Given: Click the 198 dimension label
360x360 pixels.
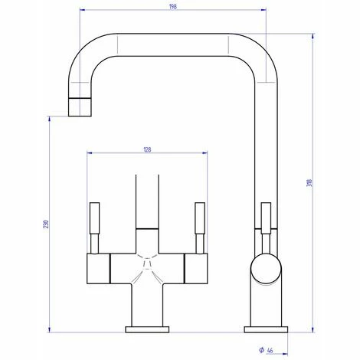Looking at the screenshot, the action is [x=173, y=7].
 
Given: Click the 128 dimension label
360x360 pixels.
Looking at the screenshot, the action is [x=147, y=149].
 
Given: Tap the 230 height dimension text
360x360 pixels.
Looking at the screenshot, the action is [x=46, y=224].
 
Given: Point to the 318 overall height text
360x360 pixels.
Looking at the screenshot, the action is [x=309, y=183].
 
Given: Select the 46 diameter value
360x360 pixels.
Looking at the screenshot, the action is [x=270, y=351].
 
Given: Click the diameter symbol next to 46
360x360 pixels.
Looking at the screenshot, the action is [x=261, y=350].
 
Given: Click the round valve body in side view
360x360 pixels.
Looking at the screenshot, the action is [x=266, y=269].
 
